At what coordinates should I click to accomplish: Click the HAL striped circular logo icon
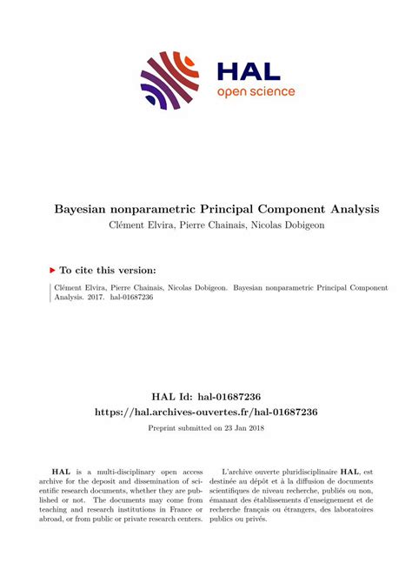169,80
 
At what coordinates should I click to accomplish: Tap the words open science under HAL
256,91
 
